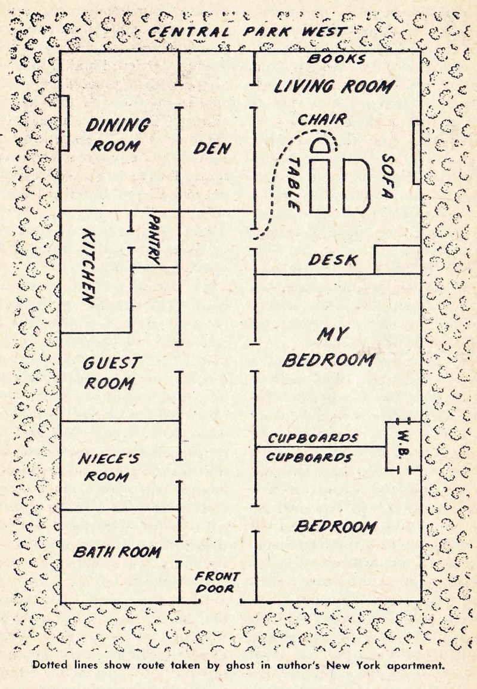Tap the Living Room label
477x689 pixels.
tap(333, 86)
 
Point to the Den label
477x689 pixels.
tap(212, 148)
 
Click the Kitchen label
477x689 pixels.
tap(88, 266)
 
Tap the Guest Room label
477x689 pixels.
tap(111, 372)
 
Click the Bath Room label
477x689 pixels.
tap(117, 552)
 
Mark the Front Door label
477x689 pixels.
tap(217, 582)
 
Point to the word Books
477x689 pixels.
tap(336, 59)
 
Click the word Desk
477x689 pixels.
tap(333, 260)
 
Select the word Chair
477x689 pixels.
tap(321, 119)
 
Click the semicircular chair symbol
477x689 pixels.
tap(322, 146)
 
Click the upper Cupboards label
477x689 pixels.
tap(312, 438)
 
